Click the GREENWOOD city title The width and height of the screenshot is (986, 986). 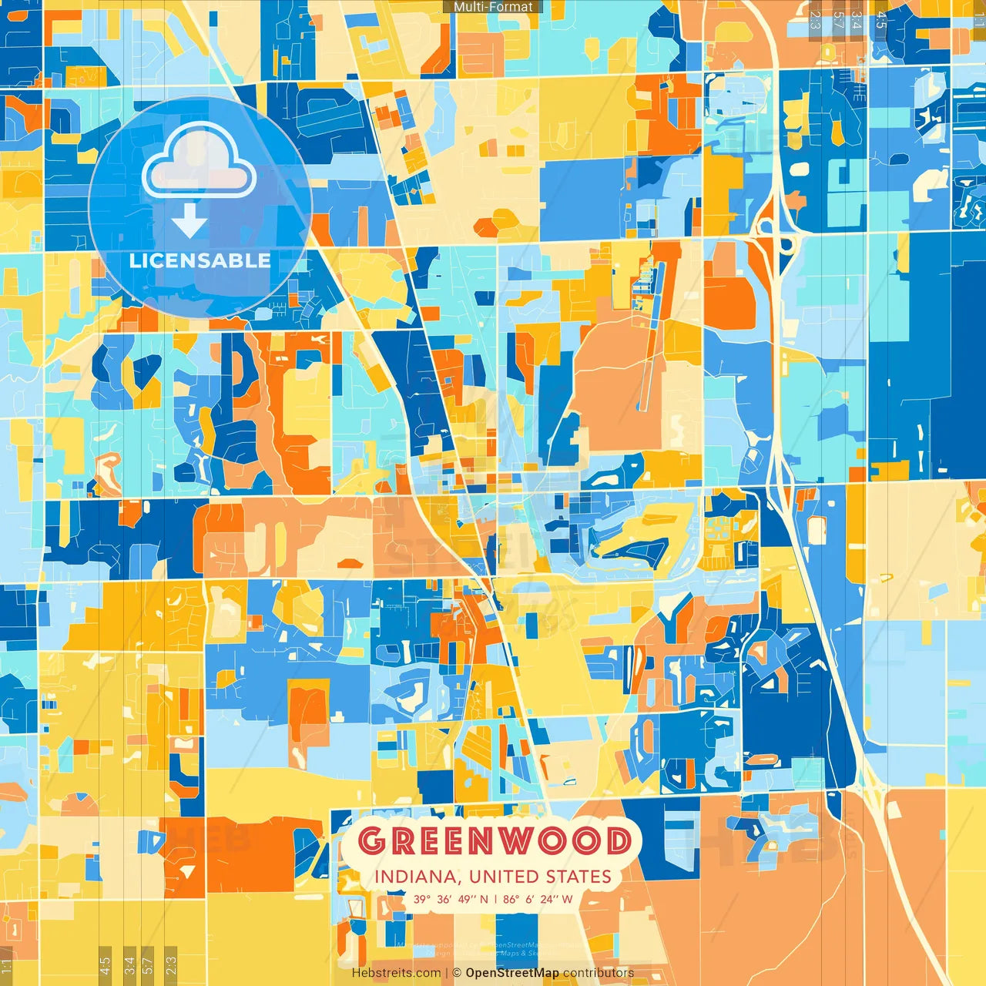point(494,840)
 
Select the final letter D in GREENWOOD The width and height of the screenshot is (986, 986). point(618,841)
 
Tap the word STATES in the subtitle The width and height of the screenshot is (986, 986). point(579,877)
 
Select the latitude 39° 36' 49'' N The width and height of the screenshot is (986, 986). point(451,899)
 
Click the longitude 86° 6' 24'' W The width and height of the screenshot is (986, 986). point(538,899)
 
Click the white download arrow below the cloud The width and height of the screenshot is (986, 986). point(189,222)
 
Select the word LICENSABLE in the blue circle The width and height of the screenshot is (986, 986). point(200,260)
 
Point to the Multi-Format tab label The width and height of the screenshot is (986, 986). point(493,7)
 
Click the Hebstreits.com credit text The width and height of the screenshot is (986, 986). point(396,973)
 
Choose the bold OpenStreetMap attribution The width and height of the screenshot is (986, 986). point(511,973)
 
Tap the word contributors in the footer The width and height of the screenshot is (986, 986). point(599,973)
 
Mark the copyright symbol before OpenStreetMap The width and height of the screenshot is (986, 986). point(456,973)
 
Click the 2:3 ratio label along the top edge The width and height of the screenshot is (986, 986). point(815,19)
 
